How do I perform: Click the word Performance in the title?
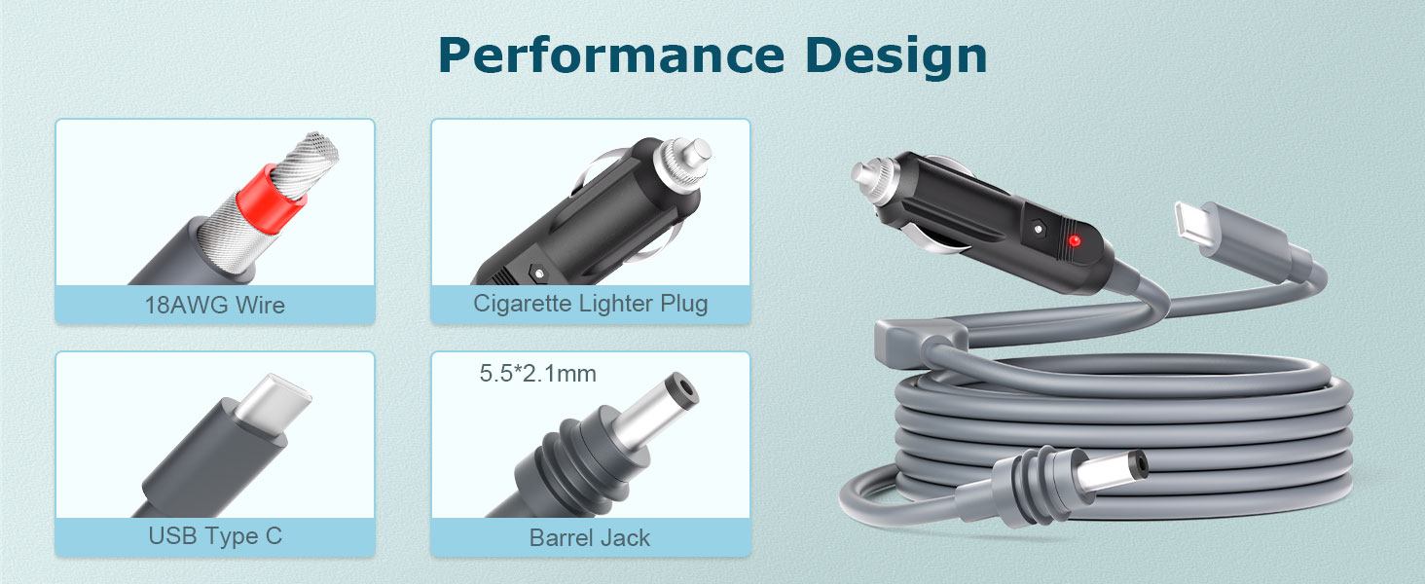[x=611, y=55]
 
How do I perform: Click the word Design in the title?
[x=896, y=57]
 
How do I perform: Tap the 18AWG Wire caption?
[x=215, y=305]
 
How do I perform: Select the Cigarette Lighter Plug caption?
[x=591, y=304]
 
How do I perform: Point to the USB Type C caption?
[x=215, y=536]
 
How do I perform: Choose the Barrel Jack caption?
[x=590, y=538]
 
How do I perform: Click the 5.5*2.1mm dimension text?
[x=538, y=374]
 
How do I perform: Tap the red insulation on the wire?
[x=272, y=192]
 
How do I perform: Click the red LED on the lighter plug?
[x=1075, y=240]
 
